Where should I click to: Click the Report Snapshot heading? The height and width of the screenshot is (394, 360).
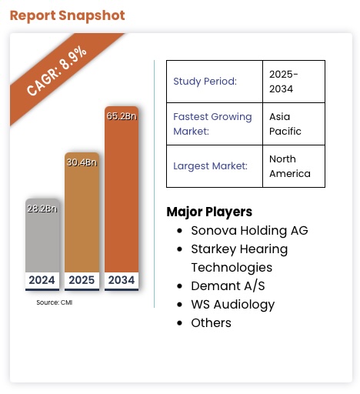(x=67, y=15)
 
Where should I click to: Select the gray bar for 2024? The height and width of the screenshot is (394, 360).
(x=42, y=239)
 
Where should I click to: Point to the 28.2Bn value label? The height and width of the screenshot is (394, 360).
(x=42, y=208)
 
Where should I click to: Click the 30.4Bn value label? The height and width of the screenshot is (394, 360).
(x=82, y=162)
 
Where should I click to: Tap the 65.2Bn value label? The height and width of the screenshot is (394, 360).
(x=122, y=116)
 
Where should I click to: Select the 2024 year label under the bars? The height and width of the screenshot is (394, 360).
(x=42, y=280)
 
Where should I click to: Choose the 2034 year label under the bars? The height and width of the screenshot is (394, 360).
(x=122, y=280)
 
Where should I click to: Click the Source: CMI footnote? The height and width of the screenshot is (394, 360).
(x=54, y=302)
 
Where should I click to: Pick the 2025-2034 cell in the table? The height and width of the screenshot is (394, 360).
(x=284, y=81)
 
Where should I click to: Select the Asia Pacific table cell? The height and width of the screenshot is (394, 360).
(x=285, y=124)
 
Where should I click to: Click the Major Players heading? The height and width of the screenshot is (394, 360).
(x=209, y=212)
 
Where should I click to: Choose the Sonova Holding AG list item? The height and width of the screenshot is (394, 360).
(x=249, y=230)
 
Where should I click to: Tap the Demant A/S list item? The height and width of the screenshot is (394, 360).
(x=228, y=285)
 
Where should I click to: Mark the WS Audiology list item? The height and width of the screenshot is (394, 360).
(x=232, y=304)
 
